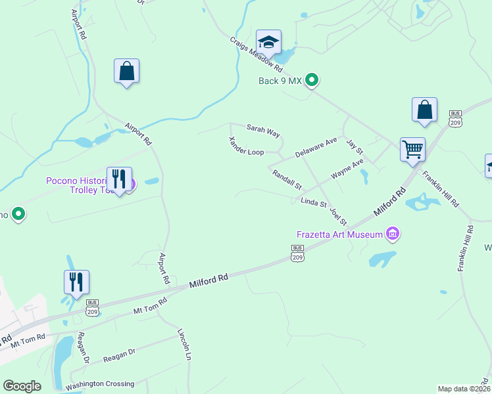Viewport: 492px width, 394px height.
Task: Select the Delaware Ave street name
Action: (316, 146)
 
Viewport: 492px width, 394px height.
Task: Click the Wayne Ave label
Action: (347, 169)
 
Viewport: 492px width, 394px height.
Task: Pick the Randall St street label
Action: (287, 178)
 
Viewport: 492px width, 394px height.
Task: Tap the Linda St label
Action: (313, 202)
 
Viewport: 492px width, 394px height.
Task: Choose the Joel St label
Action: (338, 215)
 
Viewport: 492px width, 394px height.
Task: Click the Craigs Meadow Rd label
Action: (257, 53)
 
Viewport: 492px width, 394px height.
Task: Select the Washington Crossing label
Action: (99, 383)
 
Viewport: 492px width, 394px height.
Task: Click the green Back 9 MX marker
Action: (313, 81)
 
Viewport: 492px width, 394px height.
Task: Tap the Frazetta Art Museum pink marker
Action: (393, 233)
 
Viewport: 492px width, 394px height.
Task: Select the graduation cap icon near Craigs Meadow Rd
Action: (268, 42)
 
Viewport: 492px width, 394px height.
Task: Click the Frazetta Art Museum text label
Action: (339, 234)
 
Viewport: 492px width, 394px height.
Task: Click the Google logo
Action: (22, 386)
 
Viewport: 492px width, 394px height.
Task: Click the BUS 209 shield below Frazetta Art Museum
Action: (298, 253)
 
